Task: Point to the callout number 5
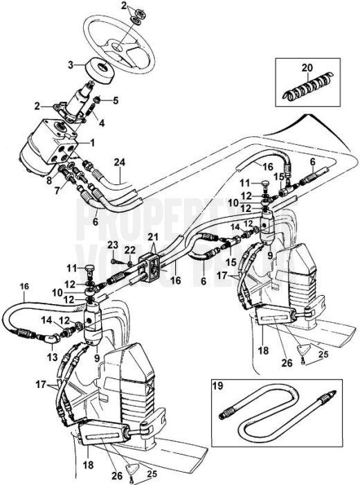(x=115, y=100)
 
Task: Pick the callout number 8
(x=49, y=182)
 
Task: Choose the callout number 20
(x=307, y=69)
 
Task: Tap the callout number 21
(x=153, y=238)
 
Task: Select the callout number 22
(x=130, y=249)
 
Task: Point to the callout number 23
(x=112, y=244)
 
